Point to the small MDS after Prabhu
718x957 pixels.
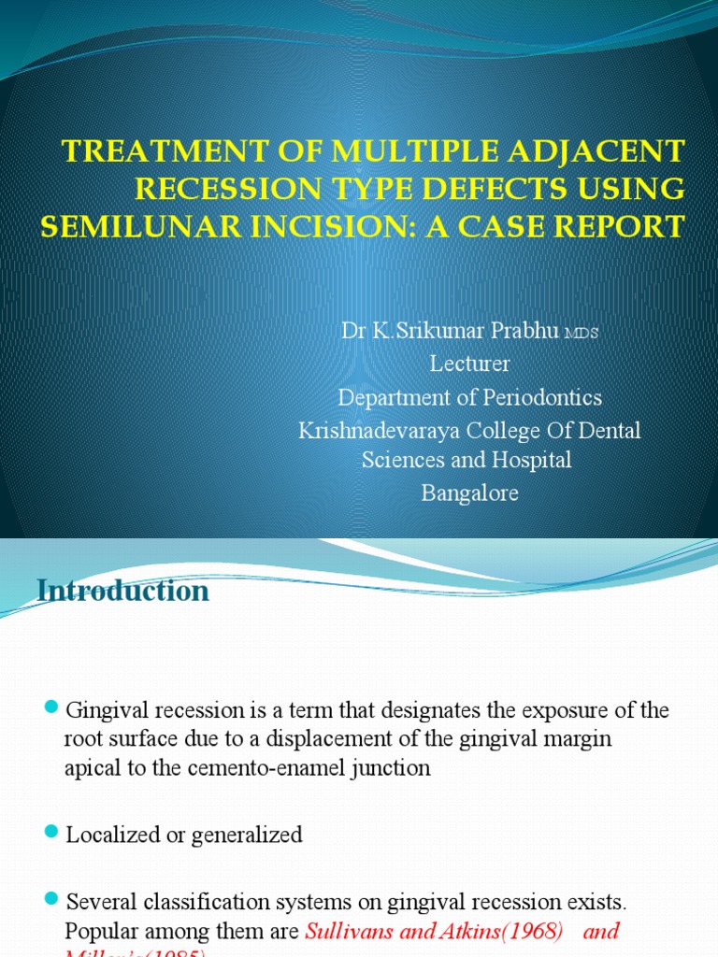click(x=580, y=334)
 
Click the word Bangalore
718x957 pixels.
click(x=469, y=493)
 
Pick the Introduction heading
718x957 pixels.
click(x=123, y=591)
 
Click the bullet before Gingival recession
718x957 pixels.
click(x=52, y=707)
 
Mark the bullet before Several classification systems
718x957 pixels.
click(x=52, y=900)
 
